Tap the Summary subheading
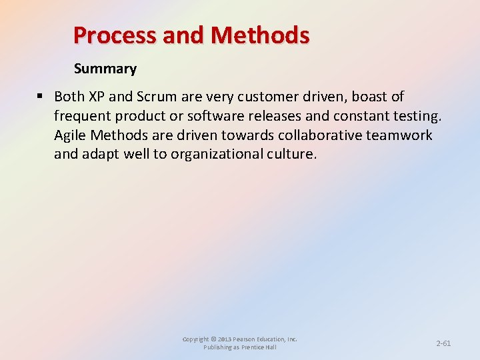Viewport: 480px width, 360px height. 105,69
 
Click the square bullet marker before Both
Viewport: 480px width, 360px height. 41,97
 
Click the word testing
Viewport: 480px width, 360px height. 416,116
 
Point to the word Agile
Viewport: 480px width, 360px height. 70,135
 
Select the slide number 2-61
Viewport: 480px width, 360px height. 443,343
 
